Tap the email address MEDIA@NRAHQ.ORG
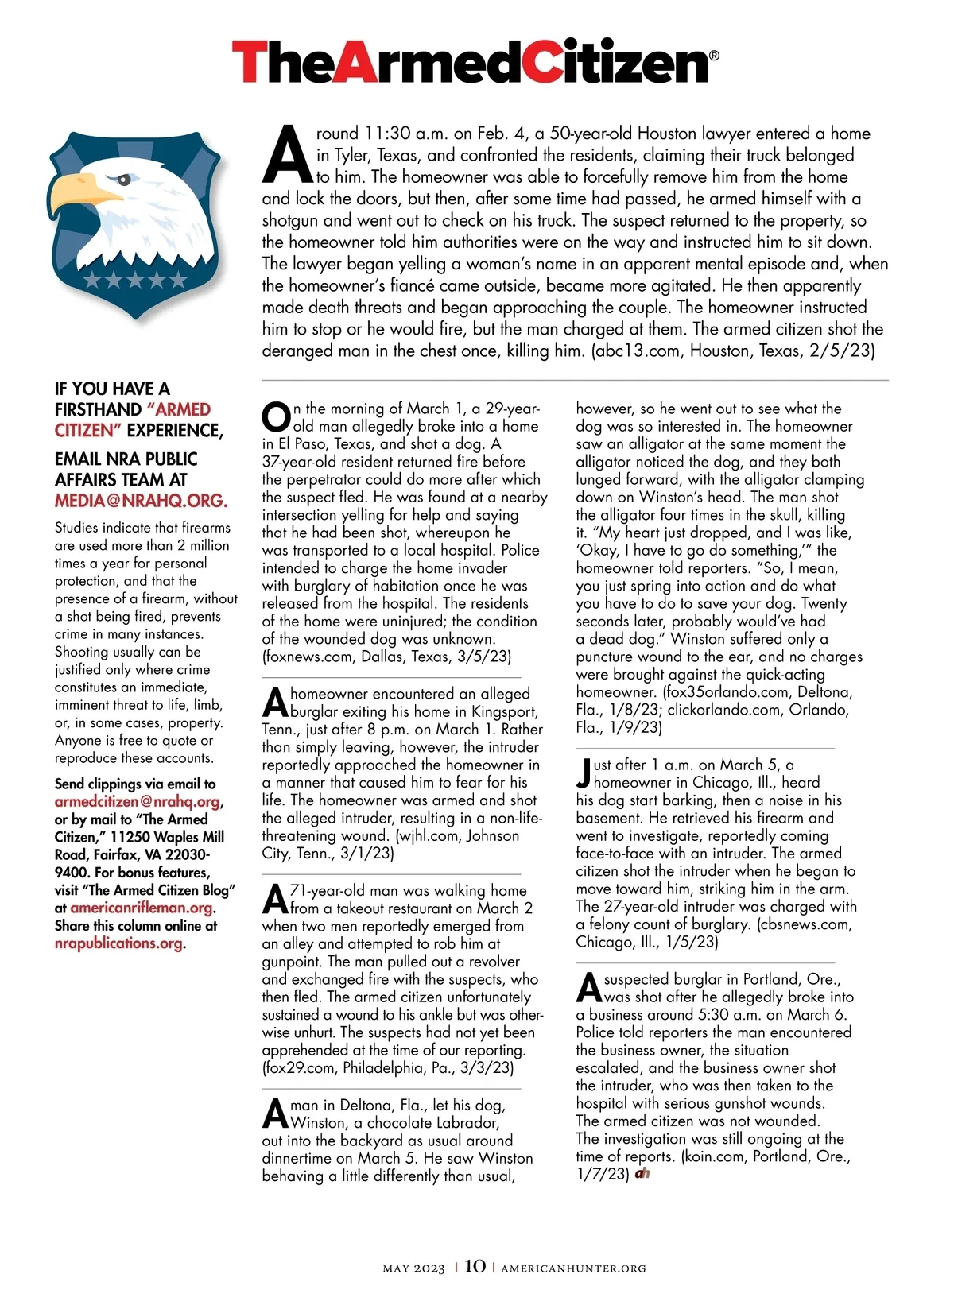tap(141, 501)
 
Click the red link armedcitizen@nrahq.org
tap(138, 802)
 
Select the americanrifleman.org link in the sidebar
tap(142, 908)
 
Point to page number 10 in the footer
tap(475, 1266)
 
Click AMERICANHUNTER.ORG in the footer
tap(573, 1268)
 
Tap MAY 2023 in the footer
tap(413, 1268)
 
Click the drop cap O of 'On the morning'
tap(277, 417)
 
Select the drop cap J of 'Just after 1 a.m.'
tap(584, 773)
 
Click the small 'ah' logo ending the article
tap(642, 1173)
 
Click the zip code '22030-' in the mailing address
tap(184, 854)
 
